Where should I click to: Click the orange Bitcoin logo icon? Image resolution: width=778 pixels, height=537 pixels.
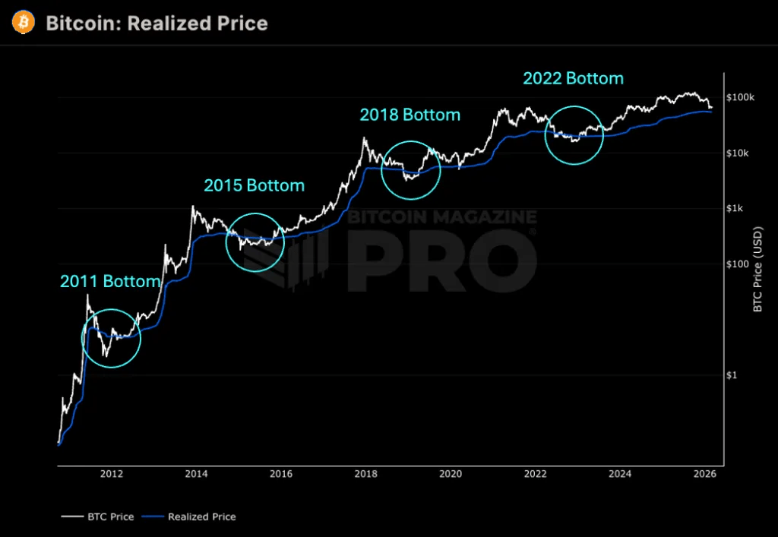[x=24, y=23]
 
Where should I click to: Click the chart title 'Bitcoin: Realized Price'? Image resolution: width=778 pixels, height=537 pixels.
[x=157, y=24]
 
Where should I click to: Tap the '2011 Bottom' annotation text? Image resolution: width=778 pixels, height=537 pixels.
[x=110, y=281]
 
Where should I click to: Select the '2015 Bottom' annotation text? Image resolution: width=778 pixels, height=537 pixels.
[x=254, y=185]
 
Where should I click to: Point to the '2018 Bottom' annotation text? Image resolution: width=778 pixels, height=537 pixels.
[x=410, y=115]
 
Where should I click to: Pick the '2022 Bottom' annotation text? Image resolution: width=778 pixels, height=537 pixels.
[x=573, y=78]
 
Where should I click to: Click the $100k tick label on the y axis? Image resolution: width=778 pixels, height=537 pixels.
[x=739, y=98]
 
